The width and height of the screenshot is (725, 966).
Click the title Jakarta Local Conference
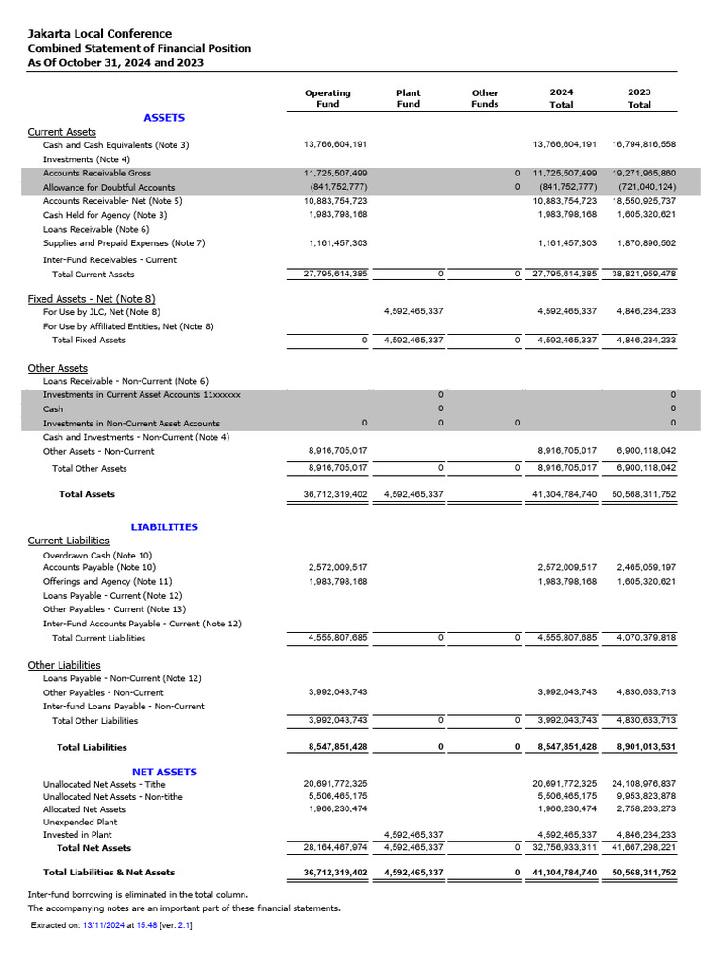point(99,34)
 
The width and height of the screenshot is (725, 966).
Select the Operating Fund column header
point(328,98)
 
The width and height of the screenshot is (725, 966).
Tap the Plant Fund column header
point(408,98)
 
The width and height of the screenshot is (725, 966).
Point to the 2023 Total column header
point(639,98)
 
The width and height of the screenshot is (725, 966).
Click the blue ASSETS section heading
point(164,118)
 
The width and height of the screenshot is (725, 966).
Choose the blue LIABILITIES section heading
point(164,527)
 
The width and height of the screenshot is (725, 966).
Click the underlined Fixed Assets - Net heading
point(92,299)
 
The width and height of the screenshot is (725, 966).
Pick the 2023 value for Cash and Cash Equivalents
point(644,144)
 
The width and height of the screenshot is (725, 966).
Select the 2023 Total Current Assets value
point(644,274)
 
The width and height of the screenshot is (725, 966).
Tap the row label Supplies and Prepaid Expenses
point(124,243)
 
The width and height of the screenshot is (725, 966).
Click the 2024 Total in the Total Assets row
point(566,494)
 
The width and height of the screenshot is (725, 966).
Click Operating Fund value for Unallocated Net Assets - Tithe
point(335,784)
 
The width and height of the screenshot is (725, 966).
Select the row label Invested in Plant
point(77,835)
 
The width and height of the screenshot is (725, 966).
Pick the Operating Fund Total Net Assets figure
point(335,848)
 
